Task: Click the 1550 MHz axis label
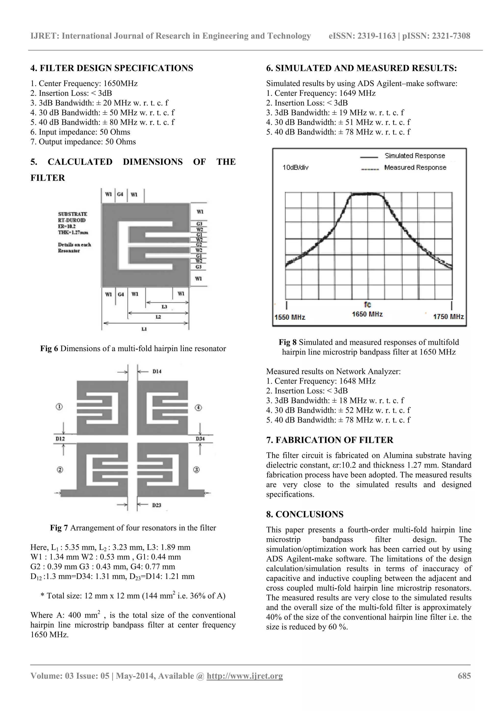[290, 317]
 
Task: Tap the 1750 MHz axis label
[448, 317]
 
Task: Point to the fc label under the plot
[367, 305]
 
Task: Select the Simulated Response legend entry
[414, 156]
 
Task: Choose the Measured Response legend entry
[415, 168]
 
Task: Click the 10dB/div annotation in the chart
[295, 168]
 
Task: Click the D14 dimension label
[157, 371]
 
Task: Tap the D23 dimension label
[157, 505]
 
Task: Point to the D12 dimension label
[60, 439]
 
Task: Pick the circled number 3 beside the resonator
[196, 470]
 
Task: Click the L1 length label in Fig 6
[144, 329]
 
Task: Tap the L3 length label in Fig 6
[164, 307]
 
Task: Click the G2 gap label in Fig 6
[199, 245]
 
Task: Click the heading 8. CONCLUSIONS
[305, 514]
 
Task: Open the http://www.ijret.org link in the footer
[245, 676]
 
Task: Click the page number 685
[464, 676]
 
